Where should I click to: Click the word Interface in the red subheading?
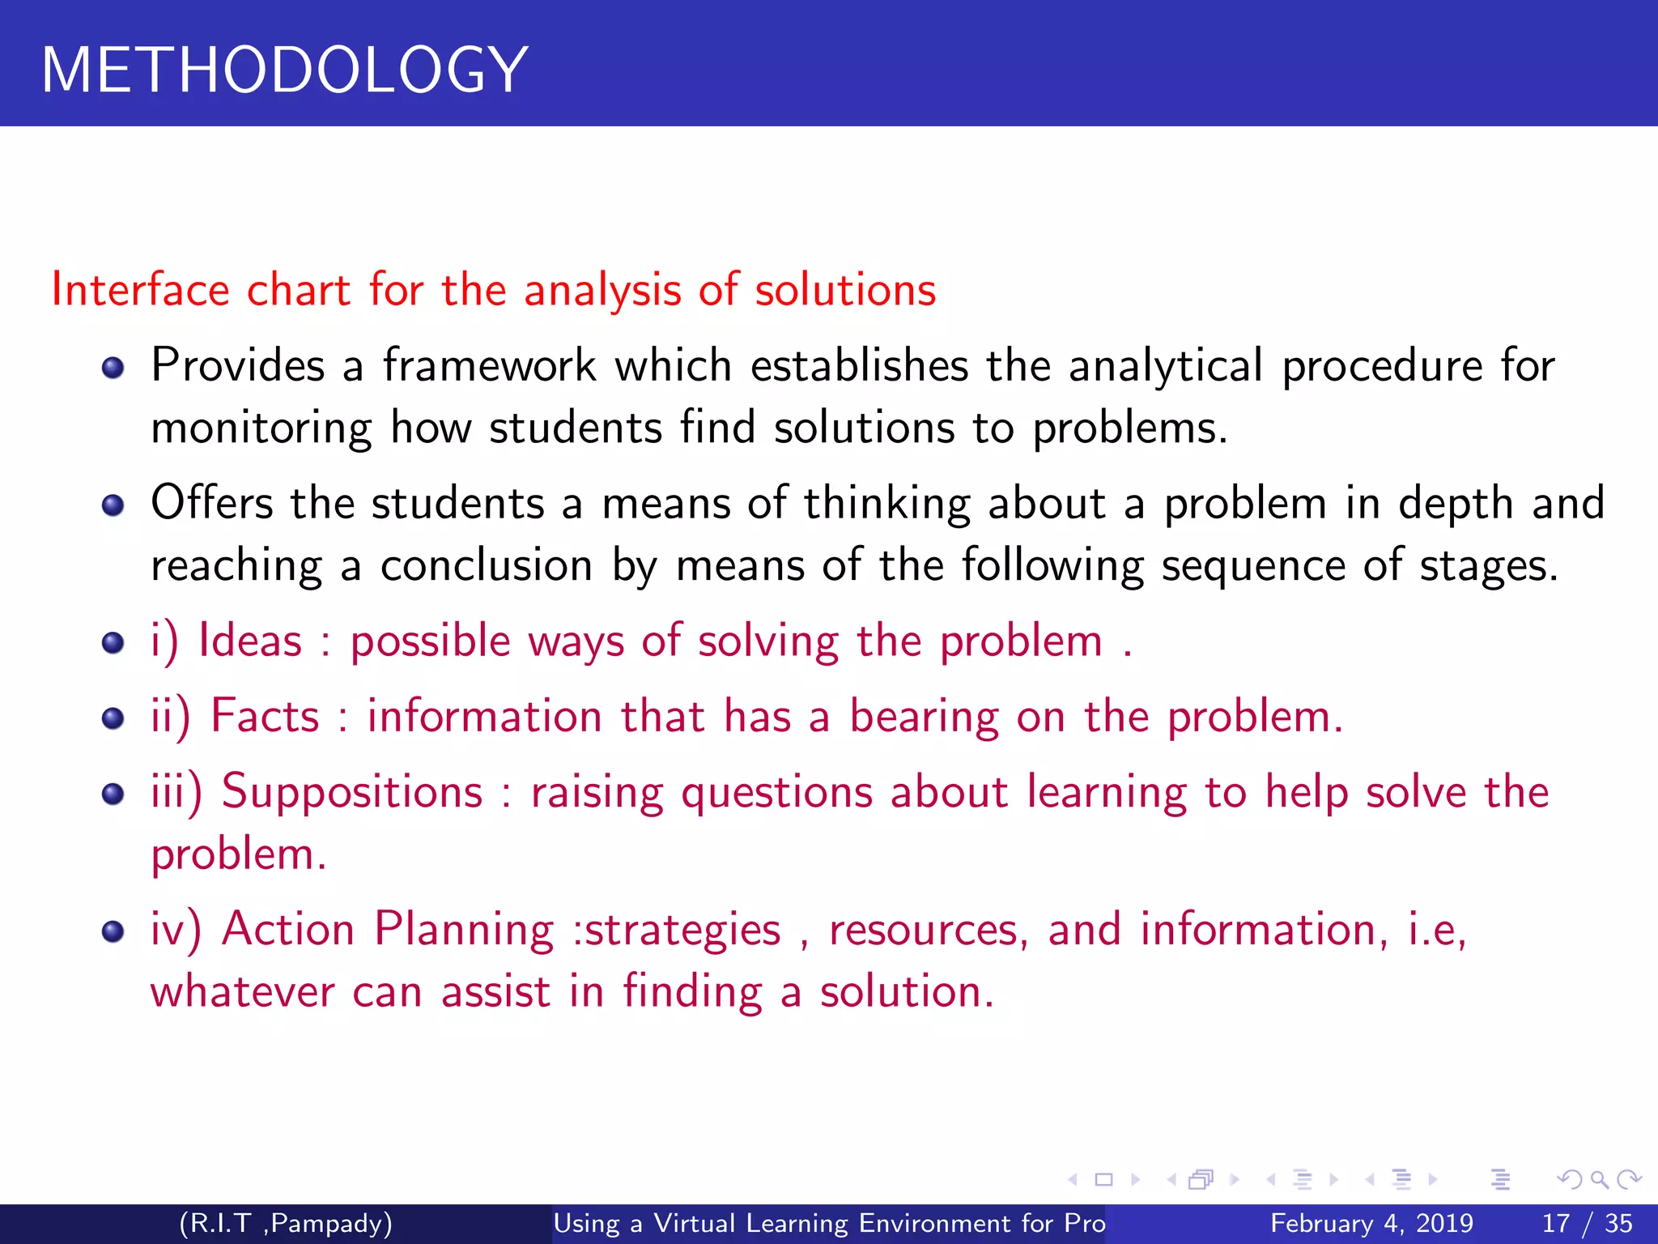point(140,290)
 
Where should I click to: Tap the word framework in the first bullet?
point(489,365)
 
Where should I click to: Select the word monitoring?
point(261,428)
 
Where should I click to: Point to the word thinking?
point(886,504)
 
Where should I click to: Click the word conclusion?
point(486,565)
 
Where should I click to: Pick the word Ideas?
point(250,641)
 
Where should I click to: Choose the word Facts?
point(265,717)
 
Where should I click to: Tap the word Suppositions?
point(351,792)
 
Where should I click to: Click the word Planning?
point(463,930)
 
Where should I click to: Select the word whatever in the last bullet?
point(242,992)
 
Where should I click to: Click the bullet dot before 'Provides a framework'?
point(113,369)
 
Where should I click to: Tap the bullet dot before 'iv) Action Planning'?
point(113,931)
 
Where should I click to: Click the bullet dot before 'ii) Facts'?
point(113,718)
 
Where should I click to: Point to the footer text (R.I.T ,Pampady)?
point(285,1223)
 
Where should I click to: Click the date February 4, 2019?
point(1371,1223)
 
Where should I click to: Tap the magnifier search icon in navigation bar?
point(1598,1180)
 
